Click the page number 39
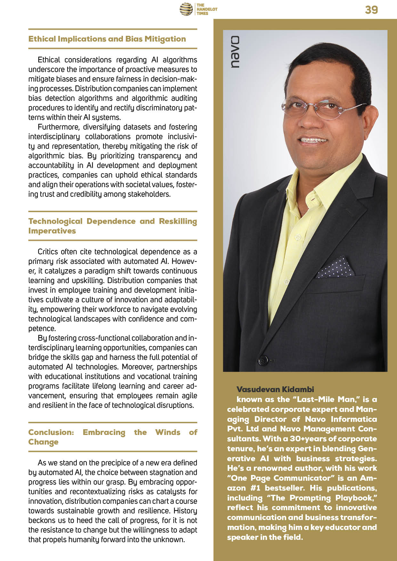coord(371,10)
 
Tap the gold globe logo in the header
coord(186,9)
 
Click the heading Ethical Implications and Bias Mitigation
coord(107,39)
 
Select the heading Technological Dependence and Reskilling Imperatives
coord(112,226)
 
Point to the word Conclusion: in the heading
coord(51,432)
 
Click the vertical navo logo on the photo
coord(235,52)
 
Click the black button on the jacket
coord(263,360)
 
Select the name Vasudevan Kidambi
coord(275,389)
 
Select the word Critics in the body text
coord(48,252)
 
